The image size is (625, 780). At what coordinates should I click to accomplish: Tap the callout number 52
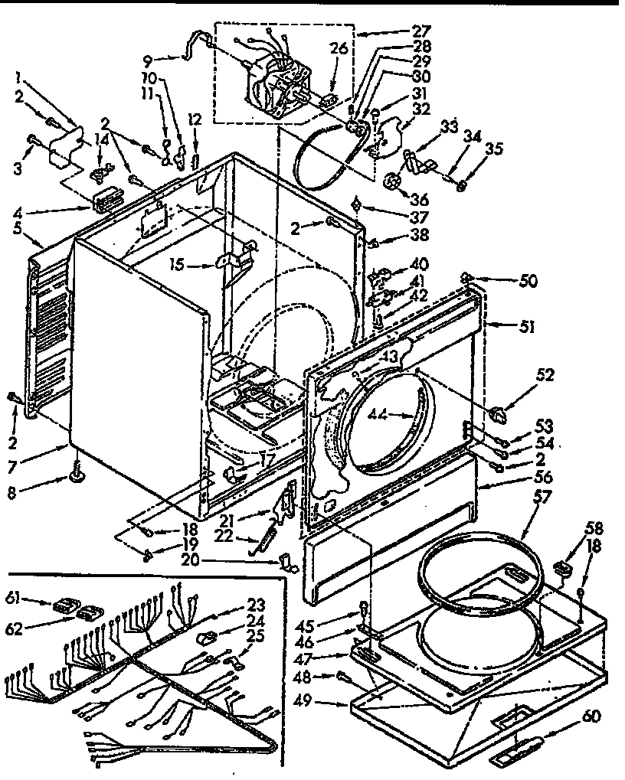(x=545, y=376)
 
